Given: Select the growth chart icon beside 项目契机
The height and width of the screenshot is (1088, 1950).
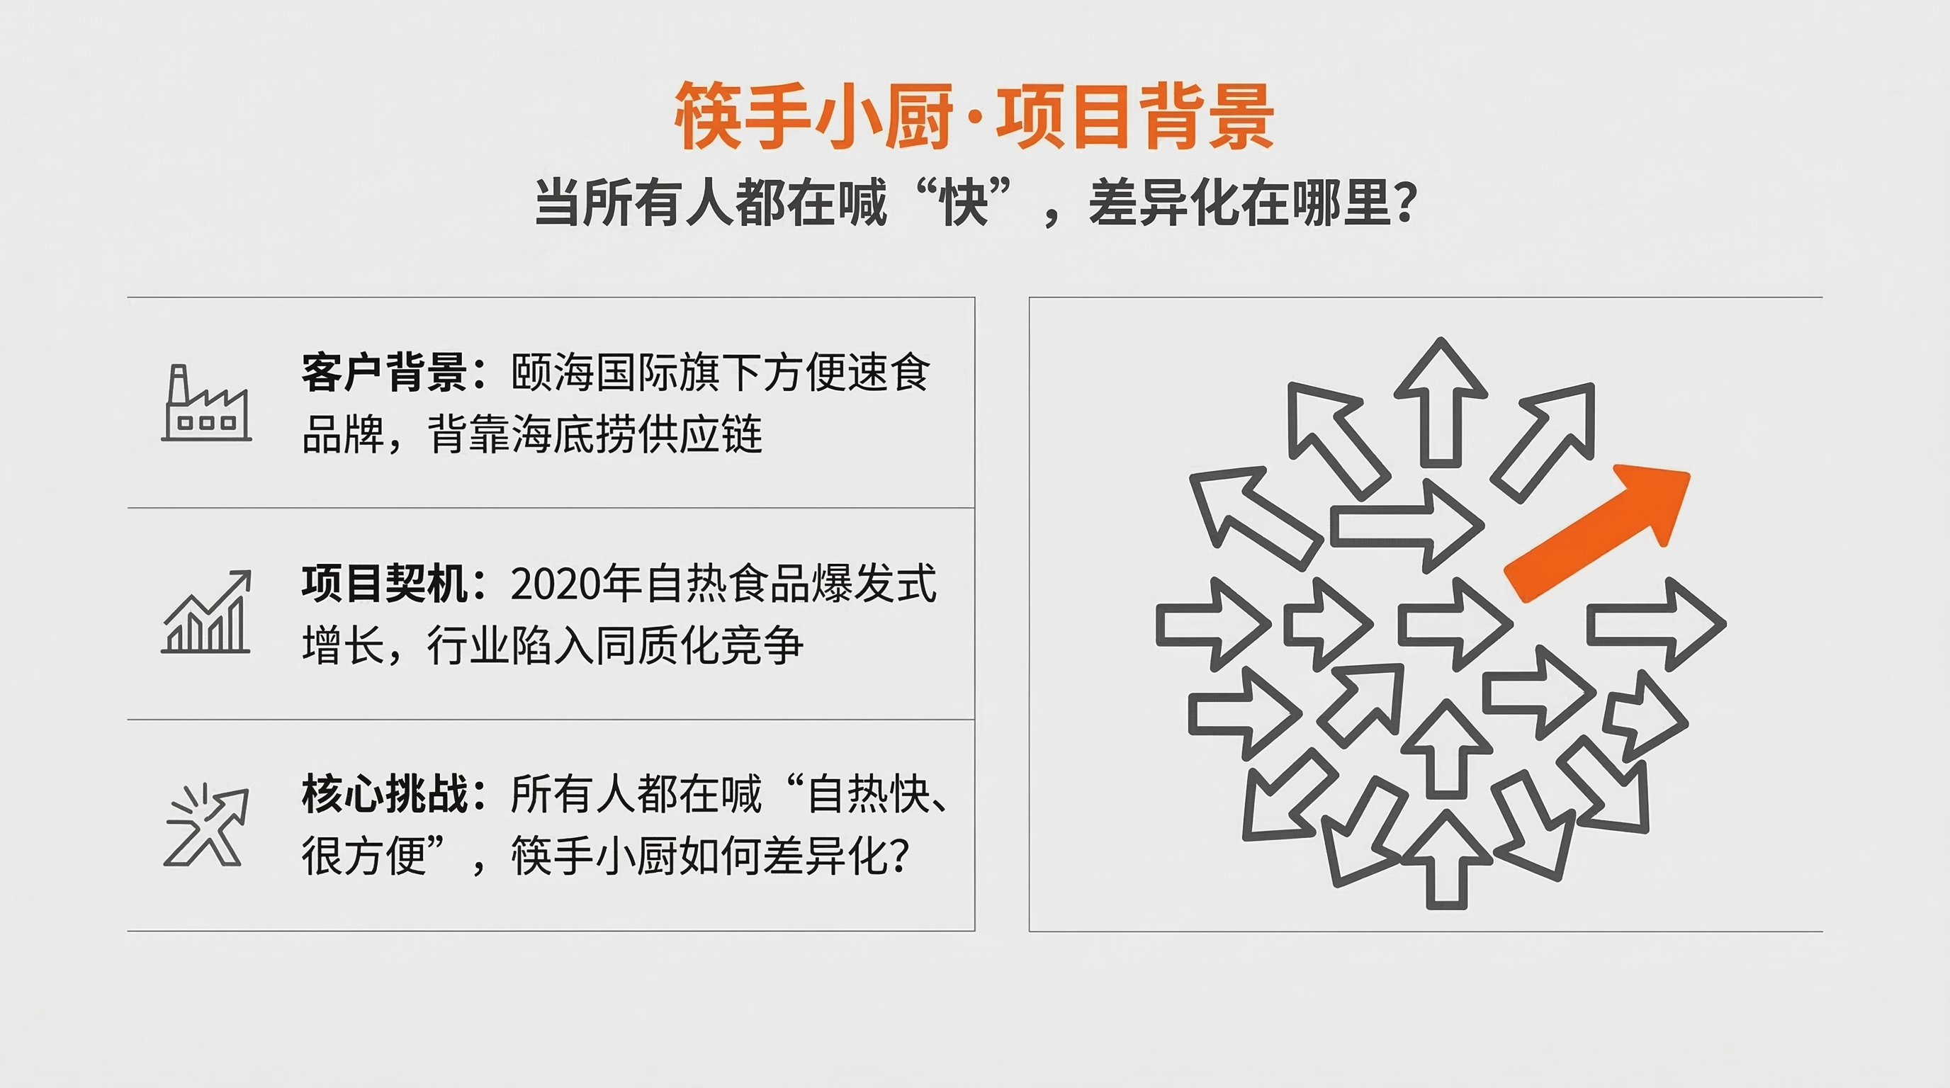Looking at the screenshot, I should point(206,613).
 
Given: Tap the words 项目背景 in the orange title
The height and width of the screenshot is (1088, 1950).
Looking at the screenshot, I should point(1134,118).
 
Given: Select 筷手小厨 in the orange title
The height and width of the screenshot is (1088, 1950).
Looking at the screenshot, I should point(813,118).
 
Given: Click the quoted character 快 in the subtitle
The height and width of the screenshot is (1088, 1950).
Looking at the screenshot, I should point(964,203).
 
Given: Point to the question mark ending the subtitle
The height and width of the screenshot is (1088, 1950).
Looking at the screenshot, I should point(1405,205).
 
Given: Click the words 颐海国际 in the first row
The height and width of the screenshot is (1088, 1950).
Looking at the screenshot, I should point(594,373).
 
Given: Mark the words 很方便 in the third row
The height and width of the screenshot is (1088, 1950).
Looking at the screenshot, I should point(364,856).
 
